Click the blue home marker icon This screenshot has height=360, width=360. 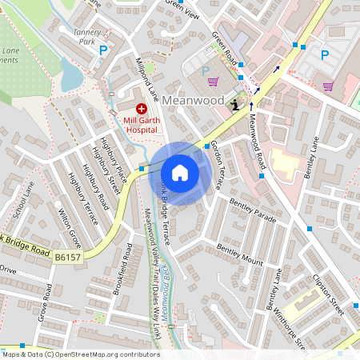(x=180, y=173)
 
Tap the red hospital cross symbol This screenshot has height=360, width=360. (x=142, y=108)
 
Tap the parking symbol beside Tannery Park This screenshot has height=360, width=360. (x=102, y=50)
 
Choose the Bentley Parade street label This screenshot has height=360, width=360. (x=252, y=211)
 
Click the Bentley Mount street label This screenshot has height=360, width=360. (x=240, y=255)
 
